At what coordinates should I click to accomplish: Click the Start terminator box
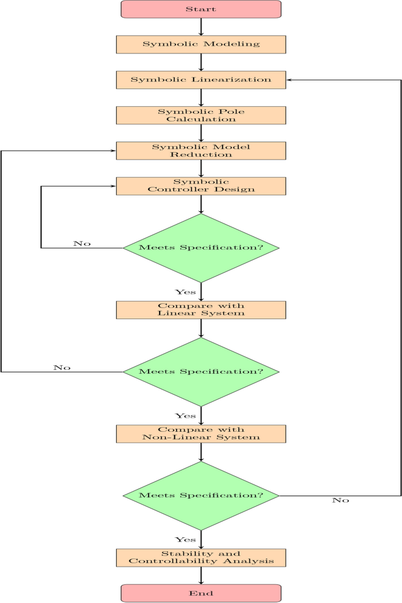(201, 9)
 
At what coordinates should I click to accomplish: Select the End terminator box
(201, 593)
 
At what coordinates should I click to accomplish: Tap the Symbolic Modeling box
(201, 45)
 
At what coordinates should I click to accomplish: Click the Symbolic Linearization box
(201, 80)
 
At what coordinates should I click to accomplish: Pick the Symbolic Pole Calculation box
(201, 115)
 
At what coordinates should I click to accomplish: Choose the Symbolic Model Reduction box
(201, 151)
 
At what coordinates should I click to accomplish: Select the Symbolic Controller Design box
(201, 186)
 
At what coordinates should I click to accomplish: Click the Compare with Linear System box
(201, 310)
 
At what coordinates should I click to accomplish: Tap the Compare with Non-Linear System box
(201, 433)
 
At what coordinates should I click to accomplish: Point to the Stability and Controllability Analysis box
(201, 558)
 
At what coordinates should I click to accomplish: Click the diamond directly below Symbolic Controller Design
(201, 248)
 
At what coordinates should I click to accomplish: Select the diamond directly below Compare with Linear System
(201, 372)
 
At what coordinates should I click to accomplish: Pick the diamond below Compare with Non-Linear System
(201, 496)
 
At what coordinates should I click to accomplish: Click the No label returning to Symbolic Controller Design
(82, 243)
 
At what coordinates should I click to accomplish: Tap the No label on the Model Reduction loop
(62, 368)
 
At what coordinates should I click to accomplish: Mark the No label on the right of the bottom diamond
(340, 500)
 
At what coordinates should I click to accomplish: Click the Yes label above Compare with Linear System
(185, 292)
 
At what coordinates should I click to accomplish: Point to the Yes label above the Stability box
(185, 539)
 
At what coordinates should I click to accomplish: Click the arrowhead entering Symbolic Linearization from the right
(289, 80)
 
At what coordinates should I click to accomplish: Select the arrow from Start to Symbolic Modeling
(201, 27)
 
